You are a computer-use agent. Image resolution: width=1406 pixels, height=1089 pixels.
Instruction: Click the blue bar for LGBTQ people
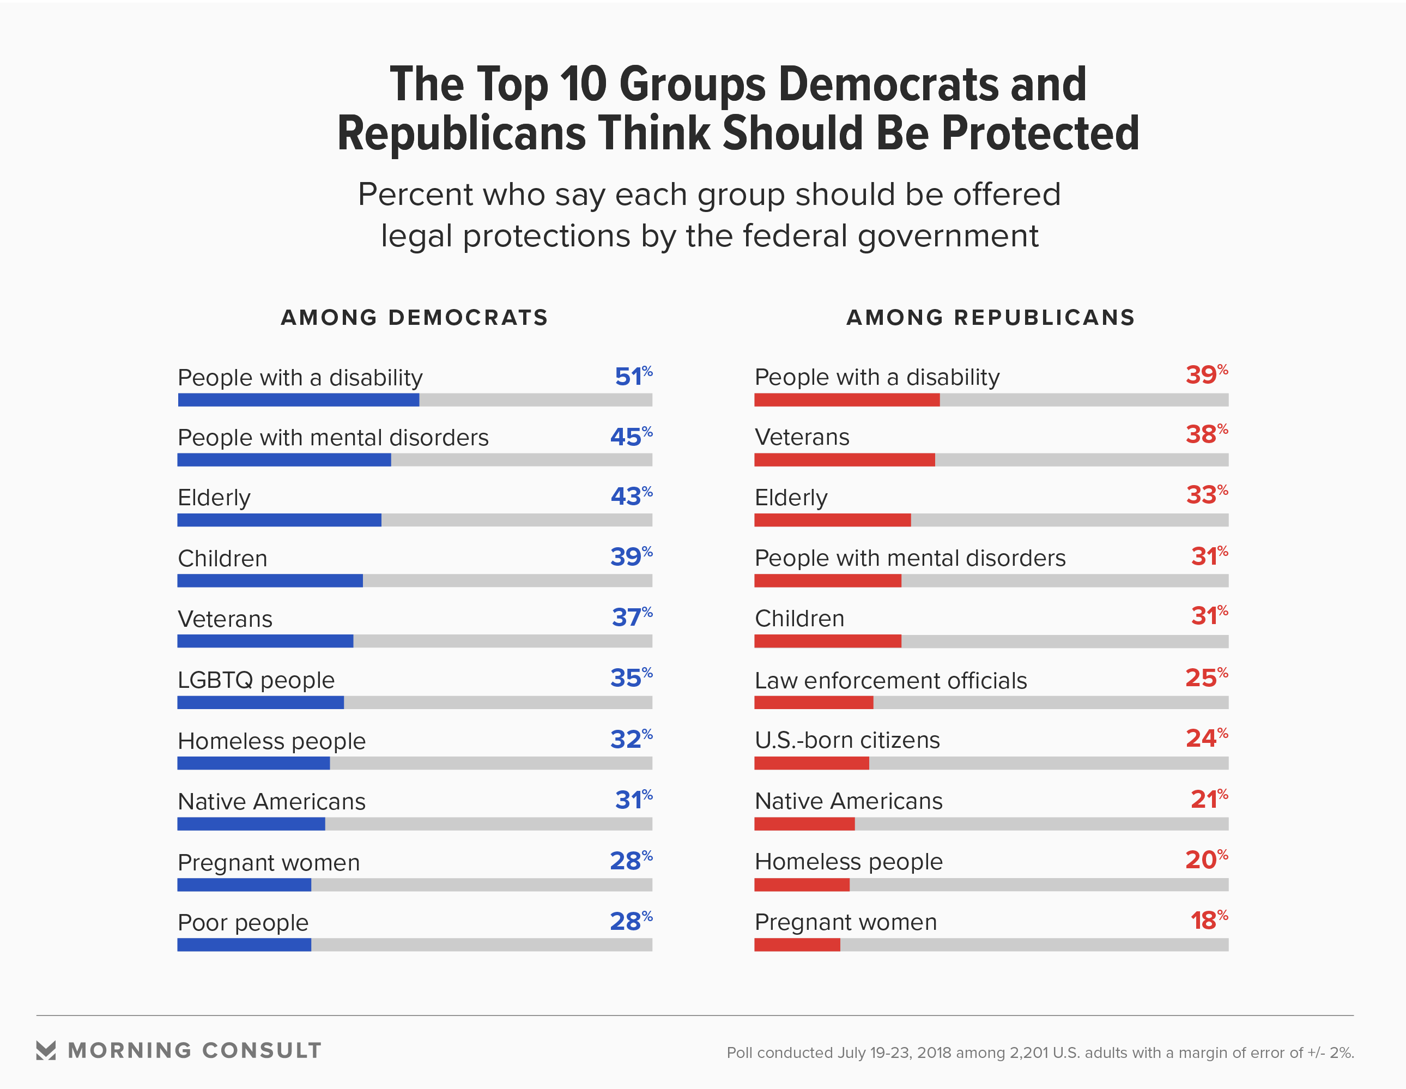260,702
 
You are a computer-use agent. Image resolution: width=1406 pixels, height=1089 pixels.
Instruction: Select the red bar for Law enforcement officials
813,702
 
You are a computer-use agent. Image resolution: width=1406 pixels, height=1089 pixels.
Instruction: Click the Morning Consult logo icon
46,1050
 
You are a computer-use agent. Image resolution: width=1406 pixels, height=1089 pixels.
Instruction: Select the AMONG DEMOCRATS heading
414,318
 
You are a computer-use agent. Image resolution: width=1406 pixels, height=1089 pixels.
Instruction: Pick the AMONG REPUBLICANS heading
990,318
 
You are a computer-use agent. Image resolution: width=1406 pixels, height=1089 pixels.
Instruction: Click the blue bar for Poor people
244,945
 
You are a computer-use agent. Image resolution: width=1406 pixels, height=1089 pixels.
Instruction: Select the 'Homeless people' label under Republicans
848,862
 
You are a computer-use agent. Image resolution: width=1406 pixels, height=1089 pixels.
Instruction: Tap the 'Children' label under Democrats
222,558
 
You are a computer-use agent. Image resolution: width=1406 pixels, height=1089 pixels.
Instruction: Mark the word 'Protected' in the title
1040,134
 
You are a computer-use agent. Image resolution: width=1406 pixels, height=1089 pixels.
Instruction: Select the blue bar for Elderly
279,520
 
